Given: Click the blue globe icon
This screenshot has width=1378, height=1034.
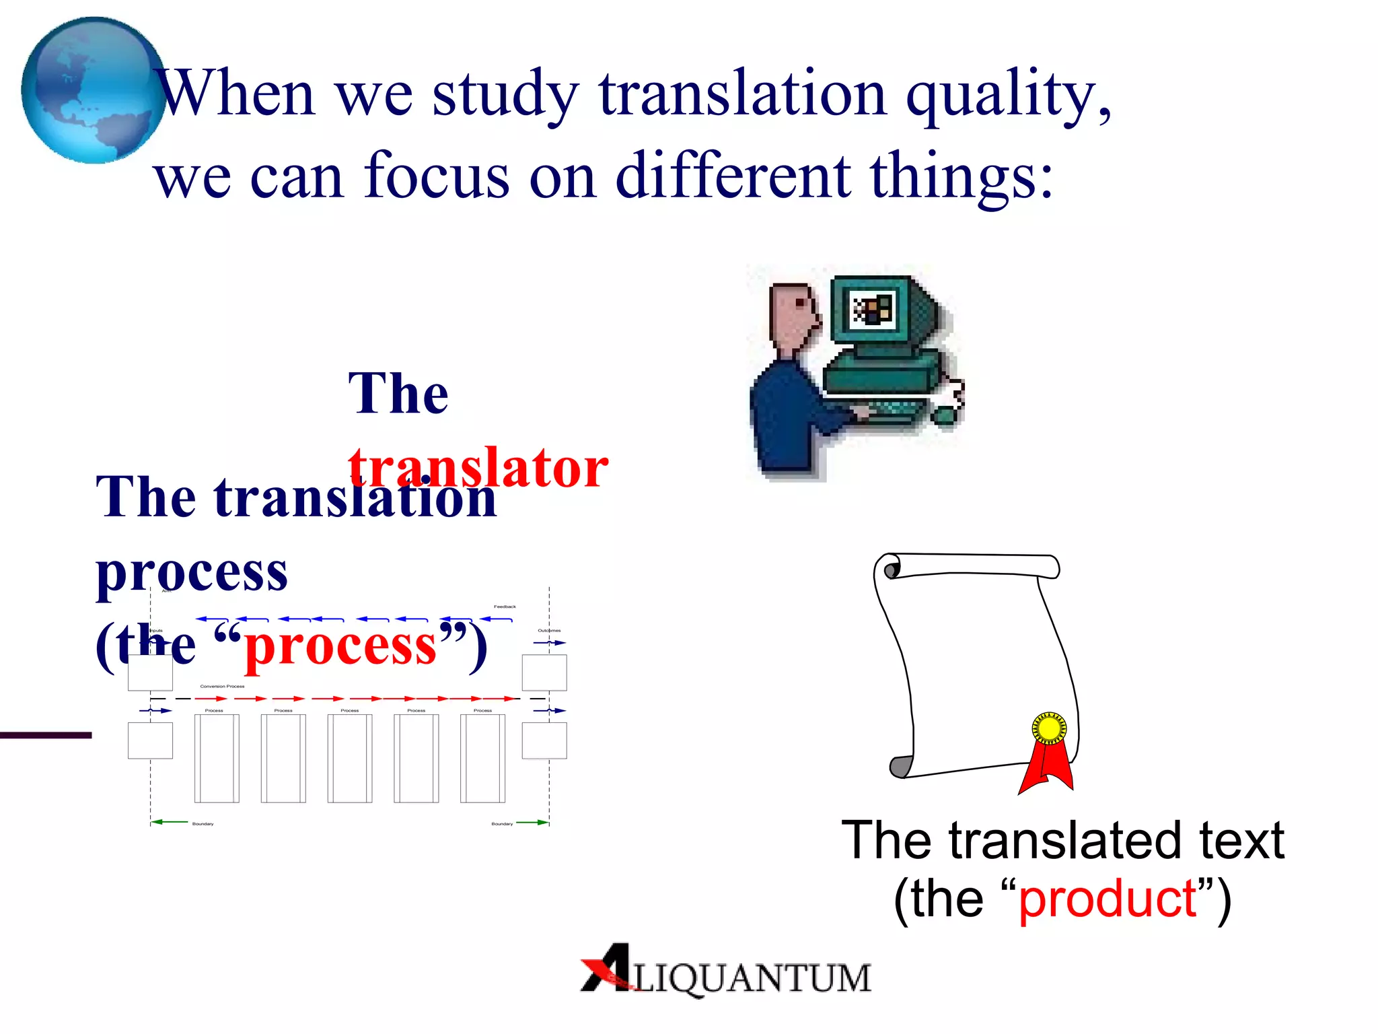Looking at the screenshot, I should tap(93, 90).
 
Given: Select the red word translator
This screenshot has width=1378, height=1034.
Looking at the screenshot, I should tap(478, 467).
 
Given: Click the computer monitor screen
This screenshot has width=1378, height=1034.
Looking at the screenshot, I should tap(873, 311).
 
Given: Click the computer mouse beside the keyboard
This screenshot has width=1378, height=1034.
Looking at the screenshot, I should tap(946, 415).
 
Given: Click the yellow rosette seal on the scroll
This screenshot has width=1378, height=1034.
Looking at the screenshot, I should tap(1049, 728).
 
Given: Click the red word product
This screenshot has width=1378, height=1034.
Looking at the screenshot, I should tap(1108, 899).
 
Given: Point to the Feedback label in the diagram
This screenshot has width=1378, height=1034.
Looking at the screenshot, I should tap(505, 607).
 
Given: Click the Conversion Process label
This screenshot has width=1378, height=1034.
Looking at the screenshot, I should tap(222, 687).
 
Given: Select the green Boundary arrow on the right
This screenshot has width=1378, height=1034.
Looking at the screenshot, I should tap(533, 822).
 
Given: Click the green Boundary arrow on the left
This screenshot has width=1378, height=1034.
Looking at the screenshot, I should tap(170, 822).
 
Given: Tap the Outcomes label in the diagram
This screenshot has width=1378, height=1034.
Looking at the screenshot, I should tap(549, 631).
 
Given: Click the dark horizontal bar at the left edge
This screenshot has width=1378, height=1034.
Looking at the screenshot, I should tap(45, 735).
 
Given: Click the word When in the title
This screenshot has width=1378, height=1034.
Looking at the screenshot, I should tap(235, 94).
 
